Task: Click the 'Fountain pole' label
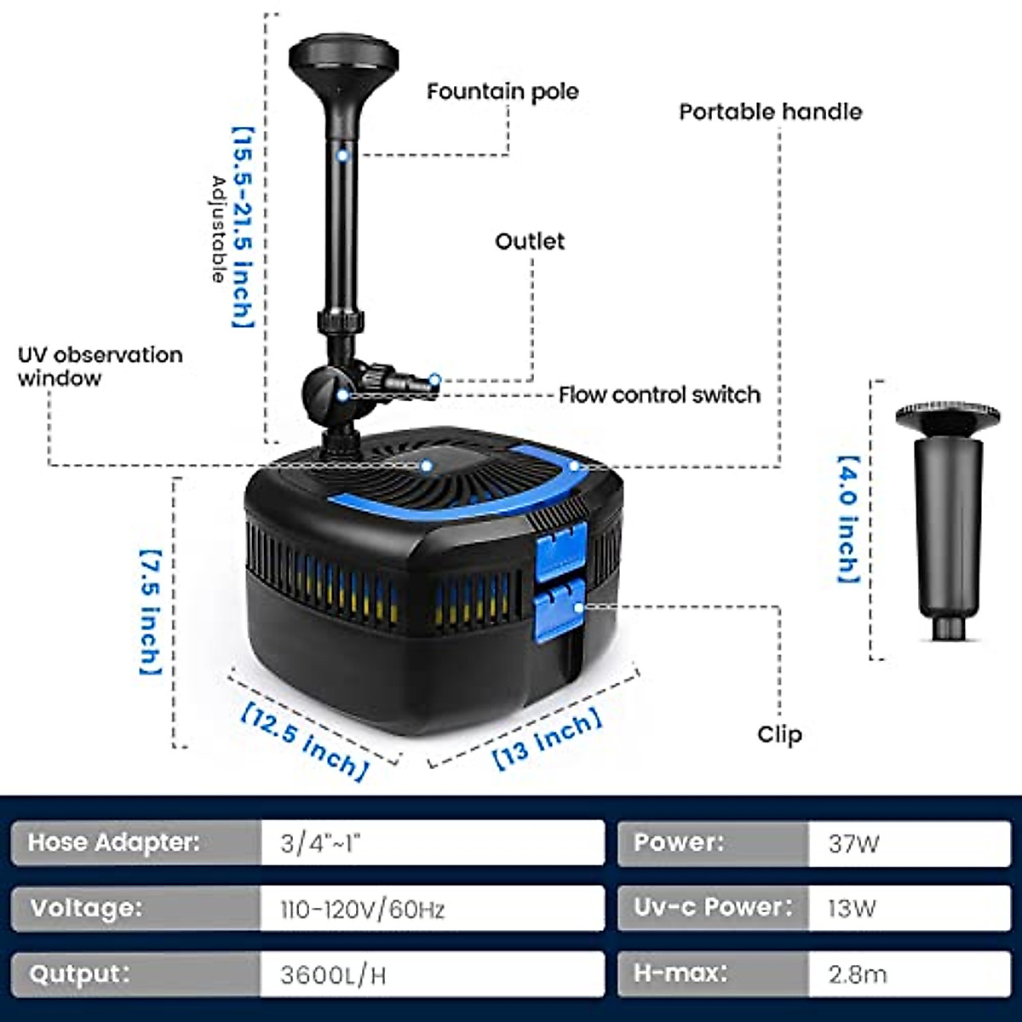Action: coord(502,92)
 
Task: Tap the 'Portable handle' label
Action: coord(770,112)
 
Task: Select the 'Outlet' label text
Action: coord(530,242)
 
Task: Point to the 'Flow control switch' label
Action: coord(659,395)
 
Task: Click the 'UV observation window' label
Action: coord(100,366)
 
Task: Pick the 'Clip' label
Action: coord(779,734)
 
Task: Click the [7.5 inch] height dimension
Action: coord(150,611)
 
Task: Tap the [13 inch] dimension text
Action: coord(548,738)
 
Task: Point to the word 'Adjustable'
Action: coord(219,228)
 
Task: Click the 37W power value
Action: coord(853,844)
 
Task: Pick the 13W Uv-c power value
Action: coord(852,909)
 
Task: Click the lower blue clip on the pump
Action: coord(560,606)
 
